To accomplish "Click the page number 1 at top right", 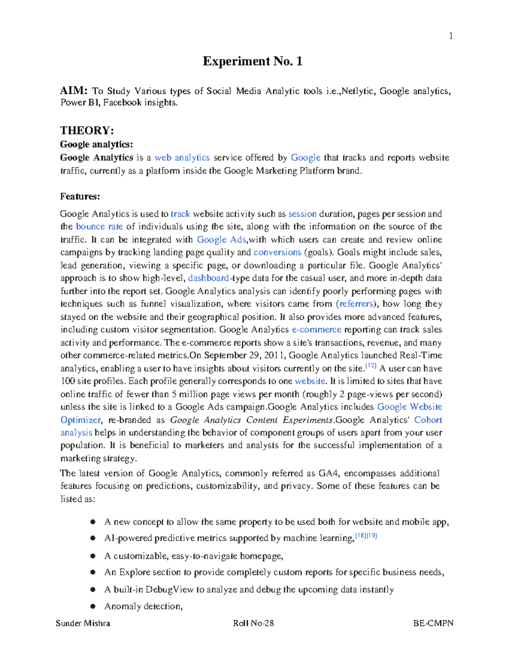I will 451,36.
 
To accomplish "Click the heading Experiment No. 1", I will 252,62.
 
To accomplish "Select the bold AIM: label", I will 74,91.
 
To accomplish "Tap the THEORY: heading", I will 87,130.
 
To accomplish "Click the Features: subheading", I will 80,196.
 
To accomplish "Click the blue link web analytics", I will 182,158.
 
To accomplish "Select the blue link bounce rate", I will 99,227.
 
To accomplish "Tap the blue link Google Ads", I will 221,240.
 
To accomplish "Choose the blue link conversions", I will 277,252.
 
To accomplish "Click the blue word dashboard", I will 208,278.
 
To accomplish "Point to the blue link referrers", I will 356,304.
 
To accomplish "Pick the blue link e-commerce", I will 316,330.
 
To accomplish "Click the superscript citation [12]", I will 371,365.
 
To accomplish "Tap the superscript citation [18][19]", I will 366,536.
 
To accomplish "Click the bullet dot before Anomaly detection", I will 92,606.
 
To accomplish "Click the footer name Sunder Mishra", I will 83,623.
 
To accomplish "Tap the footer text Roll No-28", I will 253,623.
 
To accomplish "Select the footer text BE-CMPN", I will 433,623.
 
